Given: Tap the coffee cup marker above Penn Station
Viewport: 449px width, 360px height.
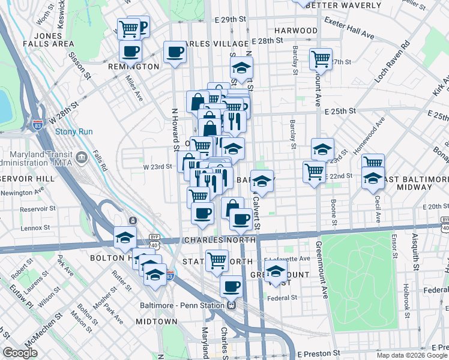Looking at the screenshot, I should [231, 286].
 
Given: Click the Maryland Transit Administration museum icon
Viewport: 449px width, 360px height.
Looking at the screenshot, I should [82, 158].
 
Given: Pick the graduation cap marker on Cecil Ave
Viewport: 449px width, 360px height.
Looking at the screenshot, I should [373, 178].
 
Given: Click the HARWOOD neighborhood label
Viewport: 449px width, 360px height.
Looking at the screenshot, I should [295, 30].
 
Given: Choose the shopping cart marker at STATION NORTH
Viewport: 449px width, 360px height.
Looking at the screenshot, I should [217, 260].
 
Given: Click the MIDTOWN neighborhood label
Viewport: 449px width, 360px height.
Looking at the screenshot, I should [152, 322].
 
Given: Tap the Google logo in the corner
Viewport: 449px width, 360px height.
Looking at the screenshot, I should [20, 353].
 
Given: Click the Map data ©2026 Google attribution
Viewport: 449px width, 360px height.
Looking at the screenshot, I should [412, 355].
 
